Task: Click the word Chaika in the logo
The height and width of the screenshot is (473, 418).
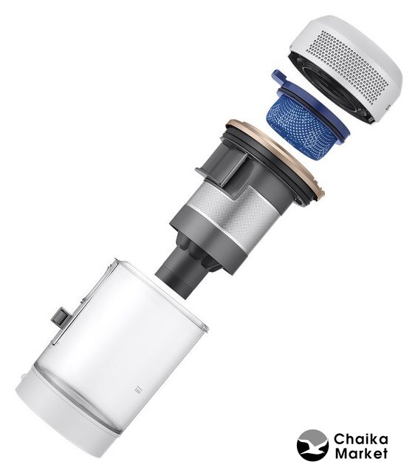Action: click(360, 439)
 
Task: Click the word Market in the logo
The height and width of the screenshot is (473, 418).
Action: click(361, 453)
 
